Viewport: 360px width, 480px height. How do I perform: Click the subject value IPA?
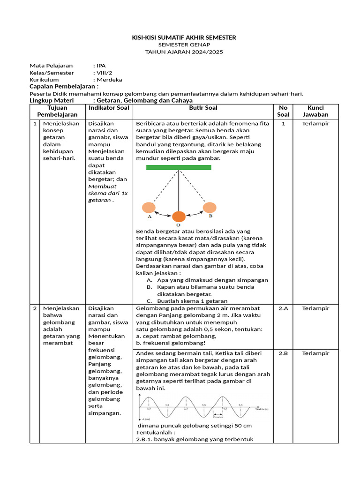tap(101, 66)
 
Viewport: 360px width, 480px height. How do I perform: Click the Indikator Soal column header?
tap(109, 108)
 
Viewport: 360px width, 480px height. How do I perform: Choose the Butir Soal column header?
tap(203, 108)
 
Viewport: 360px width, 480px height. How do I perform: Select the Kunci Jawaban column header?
tap(315, 111)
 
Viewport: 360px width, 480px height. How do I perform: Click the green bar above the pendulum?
tap(179, 167)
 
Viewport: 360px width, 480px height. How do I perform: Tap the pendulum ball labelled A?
tap(149, 208)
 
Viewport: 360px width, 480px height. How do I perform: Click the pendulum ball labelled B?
tap(210, 207)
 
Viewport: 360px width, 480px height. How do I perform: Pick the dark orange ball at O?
tap(179, 217)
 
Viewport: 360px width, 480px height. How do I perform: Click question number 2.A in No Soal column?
tap(283, 308)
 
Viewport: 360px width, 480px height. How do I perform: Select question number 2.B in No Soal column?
tap(283, 353)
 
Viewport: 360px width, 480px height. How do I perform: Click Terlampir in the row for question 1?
tap(315, 124)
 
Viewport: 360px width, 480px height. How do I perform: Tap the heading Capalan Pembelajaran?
tap(64, 87)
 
